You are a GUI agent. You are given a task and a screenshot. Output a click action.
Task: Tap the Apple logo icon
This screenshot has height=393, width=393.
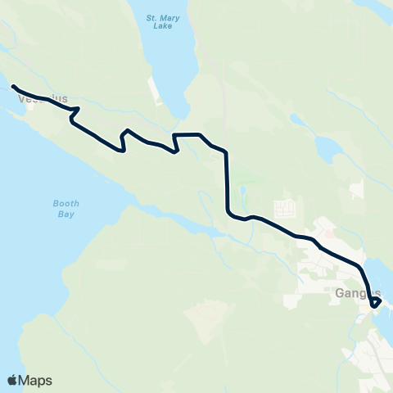click(12, 380)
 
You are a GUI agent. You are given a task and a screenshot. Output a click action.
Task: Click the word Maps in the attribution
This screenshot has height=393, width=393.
click(35, 380)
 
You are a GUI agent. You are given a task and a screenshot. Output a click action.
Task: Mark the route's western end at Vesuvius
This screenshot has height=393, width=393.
click(13, 86)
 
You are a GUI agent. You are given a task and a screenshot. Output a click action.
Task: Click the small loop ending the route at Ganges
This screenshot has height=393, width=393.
click(376, 303)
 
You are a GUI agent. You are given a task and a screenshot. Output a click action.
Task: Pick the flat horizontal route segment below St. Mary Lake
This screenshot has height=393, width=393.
click(187, 133)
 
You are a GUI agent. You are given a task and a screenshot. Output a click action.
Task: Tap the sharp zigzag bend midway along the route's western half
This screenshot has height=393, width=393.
click(124, 141)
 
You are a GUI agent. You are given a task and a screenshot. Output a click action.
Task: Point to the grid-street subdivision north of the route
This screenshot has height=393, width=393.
click(284, 207)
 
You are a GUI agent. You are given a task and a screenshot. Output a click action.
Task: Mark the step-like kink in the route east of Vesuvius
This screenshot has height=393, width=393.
click(74, 115)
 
